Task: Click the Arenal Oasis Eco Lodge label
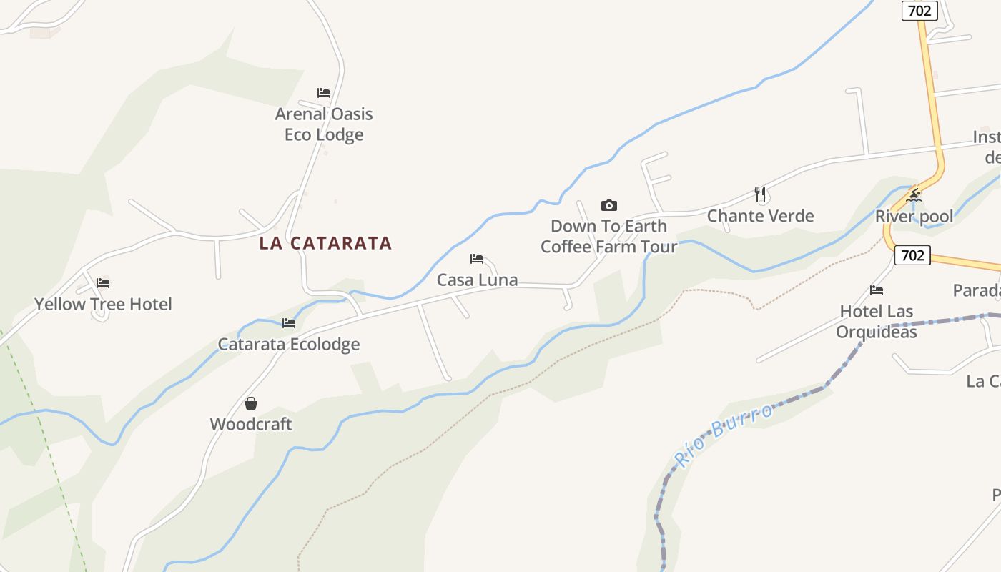(324, 124)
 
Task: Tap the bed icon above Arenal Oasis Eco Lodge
(324, 93)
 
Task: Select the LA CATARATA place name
(325, 243)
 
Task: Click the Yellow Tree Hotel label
(103, 305)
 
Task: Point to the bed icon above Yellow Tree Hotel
(103, 283)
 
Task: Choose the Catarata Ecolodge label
(289, 345)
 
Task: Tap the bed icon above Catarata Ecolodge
(289, 323)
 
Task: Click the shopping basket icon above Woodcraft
(251, 404)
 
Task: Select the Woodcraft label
(251, 424)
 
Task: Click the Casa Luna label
(477, 280)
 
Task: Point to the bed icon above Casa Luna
(477, 259)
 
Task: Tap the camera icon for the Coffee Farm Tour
(608, 206)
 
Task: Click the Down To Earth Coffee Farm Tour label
(608, 236)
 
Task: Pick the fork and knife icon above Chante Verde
(760, 194)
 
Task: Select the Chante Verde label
(760, 216)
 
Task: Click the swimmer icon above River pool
(914, 195)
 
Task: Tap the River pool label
(914, 217)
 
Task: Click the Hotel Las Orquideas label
(877, 322)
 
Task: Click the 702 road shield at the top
(919, 11)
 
